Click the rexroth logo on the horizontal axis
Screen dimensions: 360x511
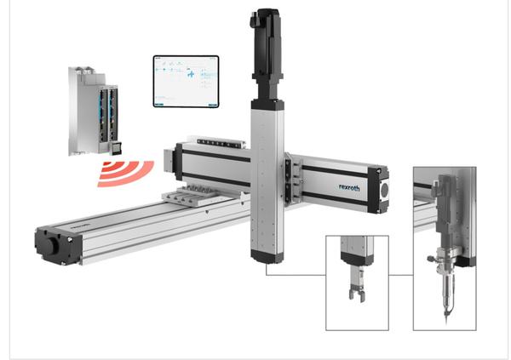pos(350,186)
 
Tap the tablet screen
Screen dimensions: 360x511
pos(186,82)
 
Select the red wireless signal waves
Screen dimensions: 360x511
pos(124,173)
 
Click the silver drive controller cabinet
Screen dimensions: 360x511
pos(89,106)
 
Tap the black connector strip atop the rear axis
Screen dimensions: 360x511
pos(221,141)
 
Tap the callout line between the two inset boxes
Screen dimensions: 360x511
pos(401,275)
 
